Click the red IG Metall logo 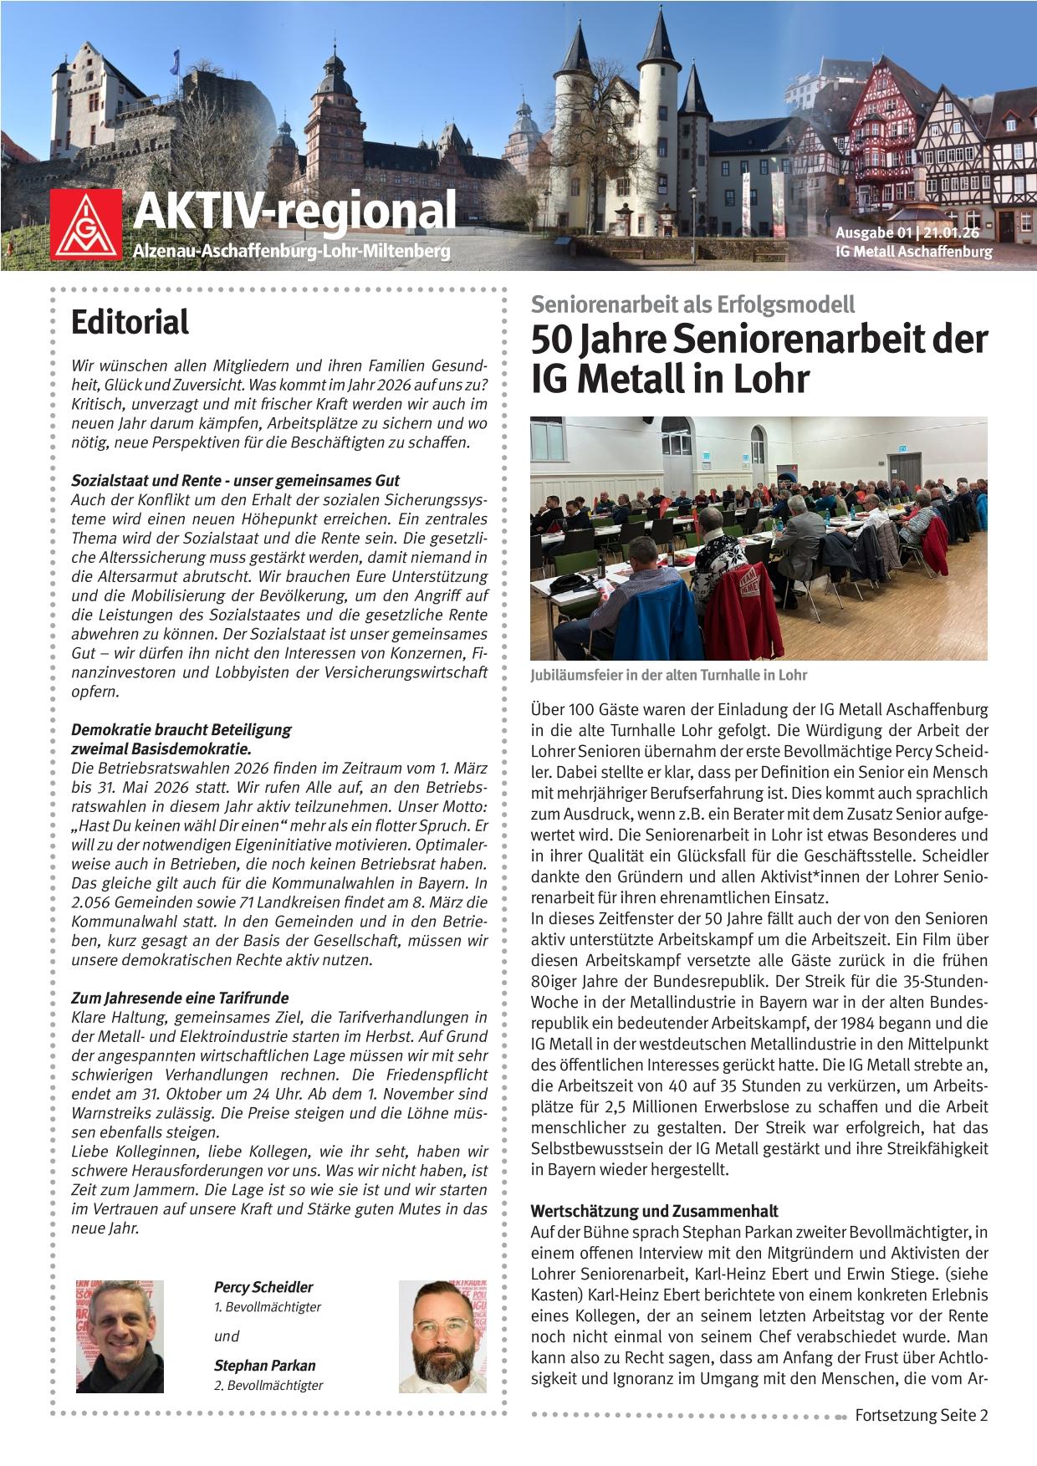[88, 223]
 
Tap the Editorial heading [130, 322]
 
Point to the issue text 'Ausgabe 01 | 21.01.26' [913, 233]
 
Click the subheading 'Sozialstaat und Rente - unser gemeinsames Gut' [235, 481]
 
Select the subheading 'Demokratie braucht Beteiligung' [181, 729]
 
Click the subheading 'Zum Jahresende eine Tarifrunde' [180, 998]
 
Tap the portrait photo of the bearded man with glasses [442, 1335]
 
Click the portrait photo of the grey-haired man [120, 1335]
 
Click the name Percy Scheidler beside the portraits [263, 1287]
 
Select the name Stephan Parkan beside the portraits [264, 1366]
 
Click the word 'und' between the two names [227, 1336]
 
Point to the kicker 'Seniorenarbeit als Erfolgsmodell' [692, 305]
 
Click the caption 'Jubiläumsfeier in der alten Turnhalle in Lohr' [668, 675]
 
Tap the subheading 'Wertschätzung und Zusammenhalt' [654, 1211]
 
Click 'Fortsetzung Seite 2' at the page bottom [921, 1416]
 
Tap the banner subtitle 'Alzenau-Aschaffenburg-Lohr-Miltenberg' [291, 251]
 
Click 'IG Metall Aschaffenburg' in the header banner [913, 252]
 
